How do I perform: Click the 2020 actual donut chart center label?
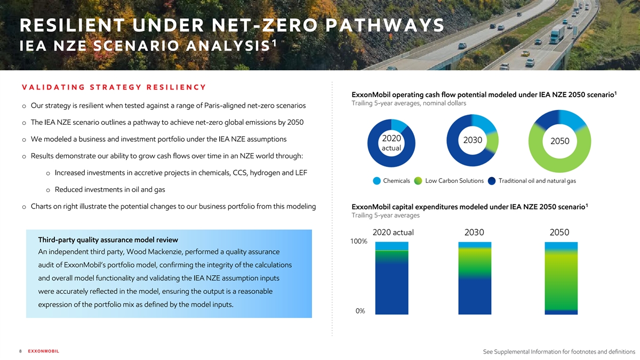pyautogui.click(x=392, y=142)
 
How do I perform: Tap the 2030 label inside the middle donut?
pyautogui.click(x=473, y=141)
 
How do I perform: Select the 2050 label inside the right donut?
pyautogui.click(x=559, y=141)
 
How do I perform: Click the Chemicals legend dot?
pyautogui.click(x=377, y=181)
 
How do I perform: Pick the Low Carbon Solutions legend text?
pyautogui.click(x=454, y=181)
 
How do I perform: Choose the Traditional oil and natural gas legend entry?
pyautogui.click(x=537, y=181)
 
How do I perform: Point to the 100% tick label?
pyautogui.click(x=358, y=242)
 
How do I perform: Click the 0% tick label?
pyautogui.click(x=360, y=311)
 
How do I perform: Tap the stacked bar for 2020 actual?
pyautogui.click(x=392, y=277)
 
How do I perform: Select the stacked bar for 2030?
pyautogui.click(x=475, y=277)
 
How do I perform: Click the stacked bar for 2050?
pyautogui.click(x=561, y=277)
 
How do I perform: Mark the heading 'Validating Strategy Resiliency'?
pyautogui.click(x=114, y=87)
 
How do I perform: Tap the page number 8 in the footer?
pyautogui.click(x=20, y=351)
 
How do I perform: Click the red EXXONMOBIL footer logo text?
pyautogui.click(x=43, y=351)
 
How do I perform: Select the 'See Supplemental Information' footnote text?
pyautogui.click(x=558, y=351)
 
